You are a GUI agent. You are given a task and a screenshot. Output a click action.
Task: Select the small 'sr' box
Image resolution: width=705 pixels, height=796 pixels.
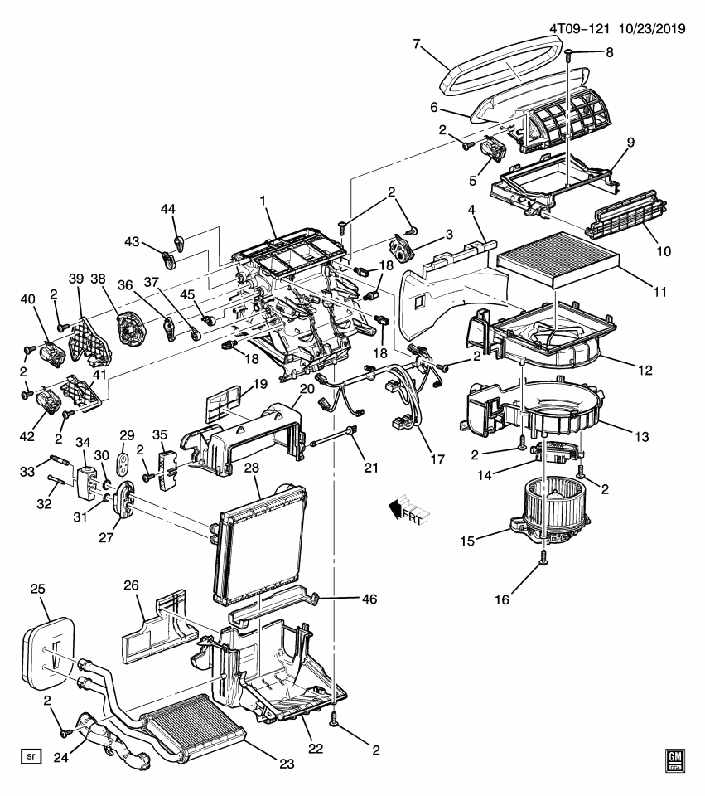[x=31, y=756]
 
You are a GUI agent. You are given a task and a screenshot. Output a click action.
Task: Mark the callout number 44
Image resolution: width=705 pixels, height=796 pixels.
[x=168, y=211]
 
